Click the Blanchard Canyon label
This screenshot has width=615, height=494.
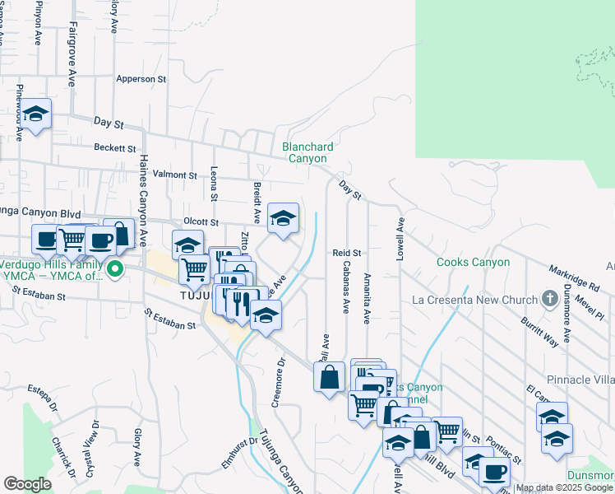click(305, 152)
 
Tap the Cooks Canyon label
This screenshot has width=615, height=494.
click(473, 263)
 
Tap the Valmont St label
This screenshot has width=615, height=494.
click(175, 175)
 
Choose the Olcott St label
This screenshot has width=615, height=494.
click(201, 221)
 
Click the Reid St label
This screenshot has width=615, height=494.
click(347, 252)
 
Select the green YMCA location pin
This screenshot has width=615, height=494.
click(116, 268)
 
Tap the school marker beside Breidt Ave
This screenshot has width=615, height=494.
click(283, 219)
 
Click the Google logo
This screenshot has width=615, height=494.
click(27, 484)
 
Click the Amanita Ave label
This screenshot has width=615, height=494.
click(367, 299)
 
